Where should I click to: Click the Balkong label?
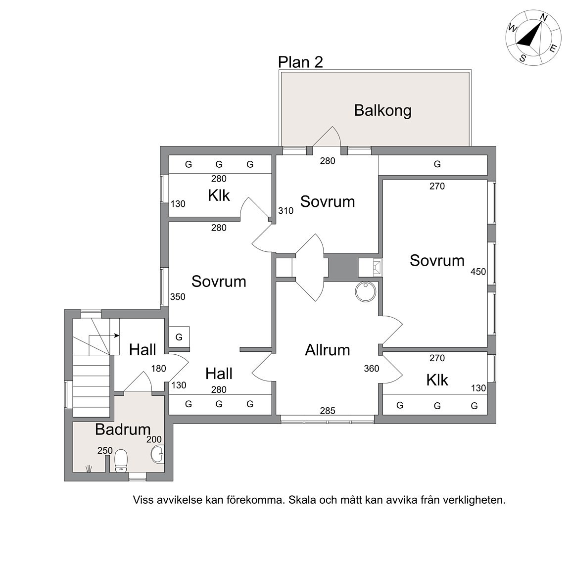tap(382, 110)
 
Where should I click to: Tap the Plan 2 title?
tap(300, 62)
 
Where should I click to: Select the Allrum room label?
tap(327, 350)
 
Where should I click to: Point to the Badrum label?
tap(123, 429)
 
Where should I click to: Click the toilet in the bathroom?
tap(121, 461)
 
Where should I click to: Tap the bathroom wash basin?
tap(158, 454)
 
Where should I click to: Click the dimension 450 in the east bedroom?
tap(478, 272)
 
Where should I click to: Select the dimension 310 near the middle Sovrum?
tap(285, 210)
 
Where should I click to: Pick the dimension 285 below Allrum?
tap(328, 410)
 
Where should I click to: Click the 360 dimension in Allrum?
tap(372, 369)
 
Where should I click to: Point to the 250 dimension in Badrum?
tap(105, 450)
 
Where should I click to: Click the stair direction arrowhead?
tap(117, 335)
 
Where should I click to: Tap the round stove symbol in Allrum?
tap(366, 292)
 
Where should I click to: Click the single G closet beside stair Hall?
tap(179, 337)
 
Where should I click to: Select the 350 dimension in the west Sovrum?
tap(178, 297)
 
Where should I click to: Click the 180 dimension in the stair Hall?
tap(158, 369)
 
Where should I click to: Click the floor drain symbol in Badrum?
tap(89, 469)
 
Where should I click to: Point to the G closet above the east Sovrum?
tap(437, 164)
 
